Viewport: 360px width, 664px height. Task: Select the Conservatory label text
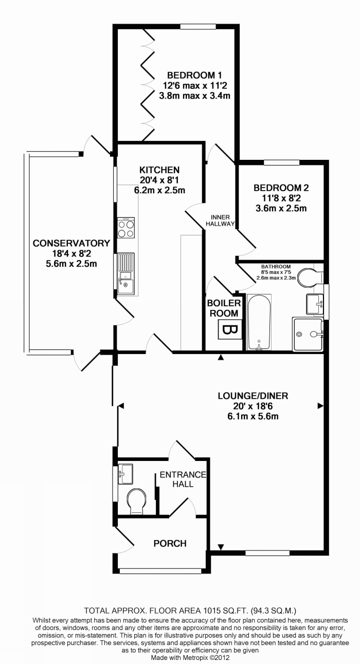pyautogui.click(x=71, y=243)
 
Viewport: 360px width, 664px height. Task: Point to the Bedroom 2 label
pyautogui.click(x=281, y=189)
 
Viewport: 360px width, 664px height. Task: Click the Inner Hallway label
pyautogui.click(x=220, y=220)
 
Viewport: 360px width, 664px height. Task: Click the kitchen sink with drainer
pyautogui.click(x=126, y=274)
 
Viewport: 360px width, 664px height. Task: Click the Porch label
pyautogui.click(x=170, y=543)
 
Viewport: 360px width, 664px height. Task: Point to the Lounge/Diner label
pyautogui.click(x=253, y=396)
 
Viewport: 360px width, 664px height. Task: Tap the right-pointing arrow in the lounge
pyautogui.click(x=320, y=406)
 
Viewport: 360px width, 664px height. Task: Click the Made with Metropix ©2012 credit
pyautogui.click(x=190, y=657)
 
